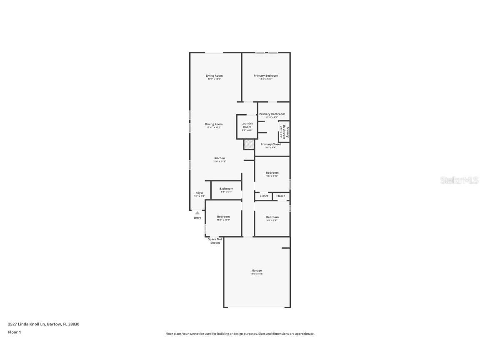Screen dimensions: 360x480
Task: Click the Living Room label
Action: click(x=214, y=76)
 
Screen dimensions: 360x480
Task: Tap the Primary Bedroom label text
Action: click(x=266, y=76)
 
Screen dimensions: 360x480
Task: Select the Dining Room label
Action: click(x=214, y=124)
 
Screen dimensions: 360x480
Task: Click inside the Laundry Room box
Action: click(x=247, y=127)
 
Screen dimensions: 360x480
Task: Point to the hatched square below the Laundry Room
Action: click(x=249, y=144)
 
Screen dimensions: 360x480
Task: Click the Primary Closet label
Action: click(x=271, y=144)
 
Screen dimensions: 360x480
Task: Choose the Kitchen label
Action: click(x=220, y=158)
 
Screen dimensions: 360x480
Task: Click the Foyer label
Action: click(x=200, y=193)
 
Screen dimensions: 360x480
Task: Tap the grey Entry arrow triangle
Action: click(x=197, y=212)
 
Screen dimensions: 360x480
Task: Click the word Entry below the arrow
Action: click(x=197, y=218)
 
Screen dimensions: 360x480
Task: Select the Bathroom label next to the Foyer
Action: click(x=226, y=189)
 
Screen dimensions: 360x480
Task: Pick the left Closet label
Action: click(x=264, y=196)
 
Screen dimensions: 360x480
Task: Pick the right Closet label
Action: click(x=281, y=196)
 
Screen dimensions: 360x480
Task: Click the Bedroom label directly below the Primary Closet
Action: click(x=272, y=172)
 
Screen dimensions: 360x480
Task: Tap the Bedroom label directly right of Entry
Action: click(x=223, y=217)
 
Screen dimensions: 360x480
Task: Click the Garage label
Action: click(x=257, y=271)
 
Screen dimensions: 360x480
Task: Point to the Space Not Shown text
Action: click(x=215, y=241)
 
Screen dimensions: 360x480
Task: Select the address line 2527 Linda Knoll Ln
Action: click(x=43, y=324)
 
